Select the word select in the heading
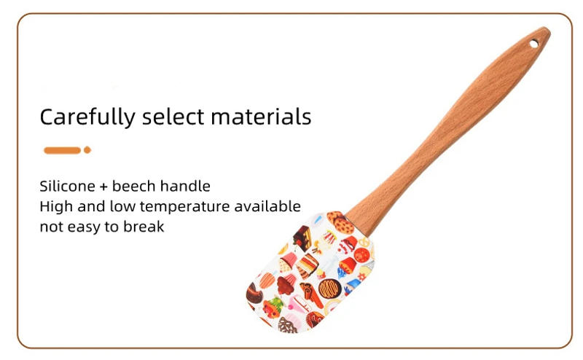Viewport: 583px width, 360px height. pyautogui.click(x=172, y=117)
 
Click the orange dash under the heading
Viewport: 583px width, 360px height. pyautogui.click(x=62, y=150)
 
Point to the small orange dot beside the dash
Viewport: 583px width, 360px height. pyautogui.click(x=87, y=150)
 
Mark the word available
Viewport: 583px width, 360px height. pyautogui.click(x=267, y=206)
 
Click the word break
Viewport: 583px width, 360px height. pyautogui.click(x=143, y=227)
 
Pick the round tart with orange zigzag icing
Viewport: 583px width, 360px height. pyautogui.click(x=329, y=289)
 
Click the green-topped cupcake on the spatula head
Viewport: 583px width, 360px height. pyautogui.click(x=274, y=305)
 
